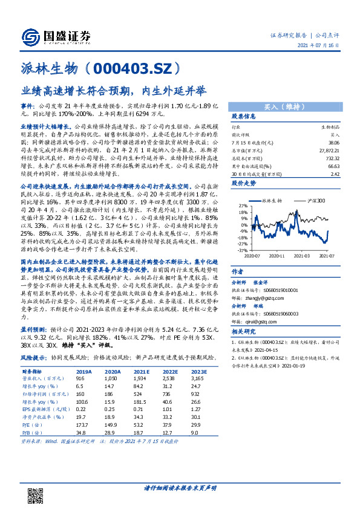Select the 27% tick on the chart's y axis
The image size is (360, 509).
(243, 206)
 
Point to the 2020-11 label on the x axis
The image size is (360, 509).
(278, 255)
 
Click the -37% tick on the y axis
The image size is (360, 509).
(241, 250)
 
